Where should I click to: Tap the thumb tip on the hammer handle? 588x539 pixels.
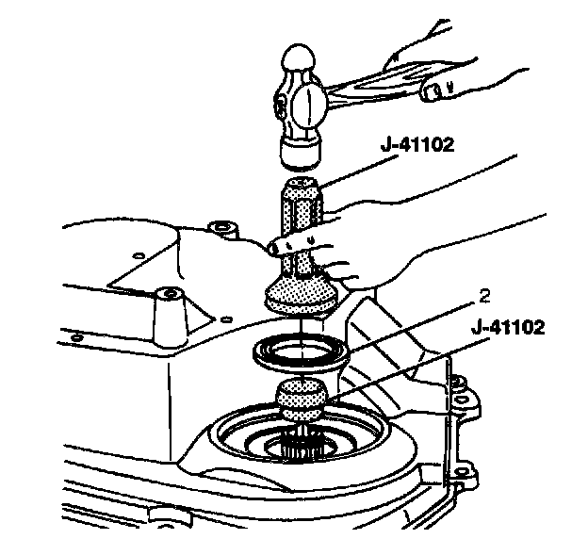pyautogui.click(x=435, y=91)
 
